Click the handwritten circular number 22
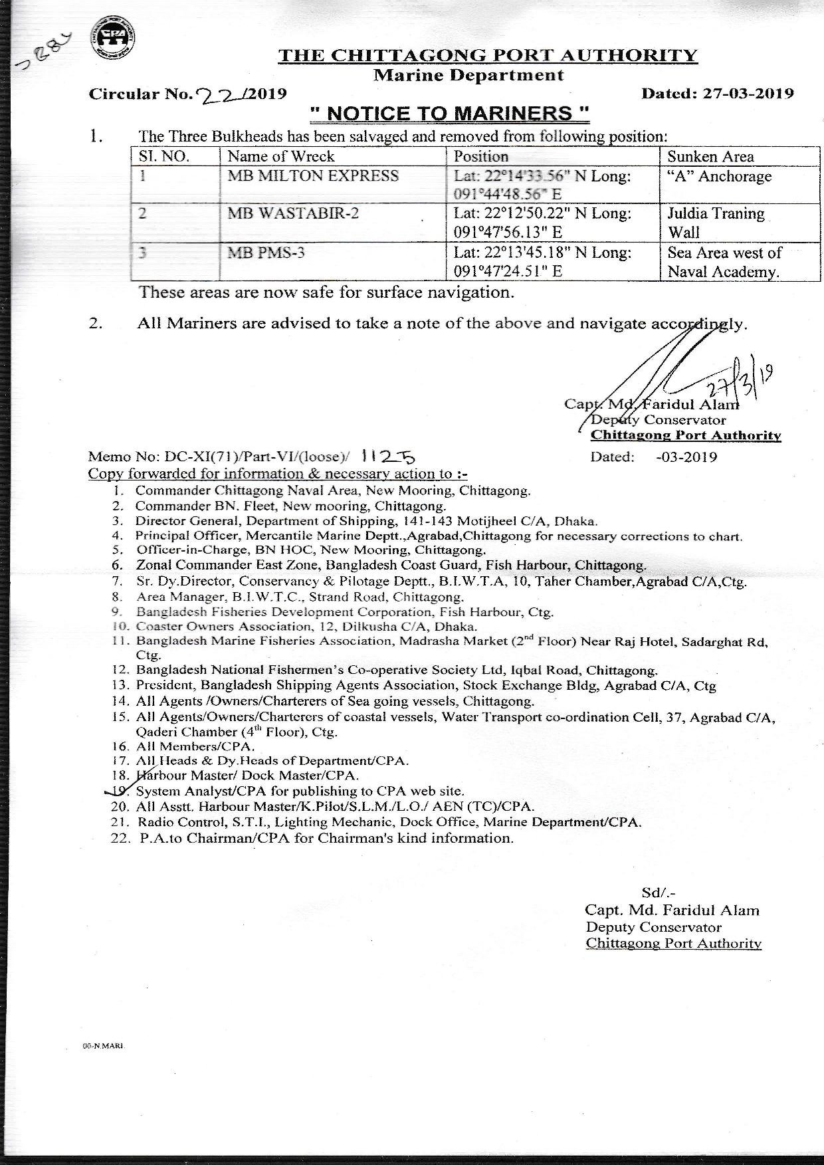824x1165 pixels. click(x=216, y=94)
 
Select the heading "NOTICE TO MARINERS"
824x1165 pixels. click(x=450, y=114)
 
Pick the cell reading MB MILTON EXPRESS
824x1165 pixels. click(x=313, y=176)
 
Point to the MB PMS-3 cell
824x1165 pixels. click(x=266, y=253)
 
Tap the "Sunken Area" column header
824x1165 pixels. click(x=710, y=157)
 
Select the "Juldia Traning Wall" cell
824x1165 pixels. click(x=716, y=223)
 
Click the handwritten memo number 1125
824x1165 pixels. click(x=390, y=456)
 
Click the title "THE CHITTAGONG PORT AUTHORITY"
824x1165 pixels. click(x=488, y=55)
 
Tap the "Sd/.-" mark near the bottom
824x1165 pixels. click(x=658, y=893)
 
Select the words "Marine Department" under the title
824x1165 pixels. click(x=468, y=76)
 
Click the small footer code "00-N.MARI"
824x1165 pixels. click(x=102, y=1064)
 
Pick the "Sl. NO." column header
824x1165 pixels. click(x=164, y=157)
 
